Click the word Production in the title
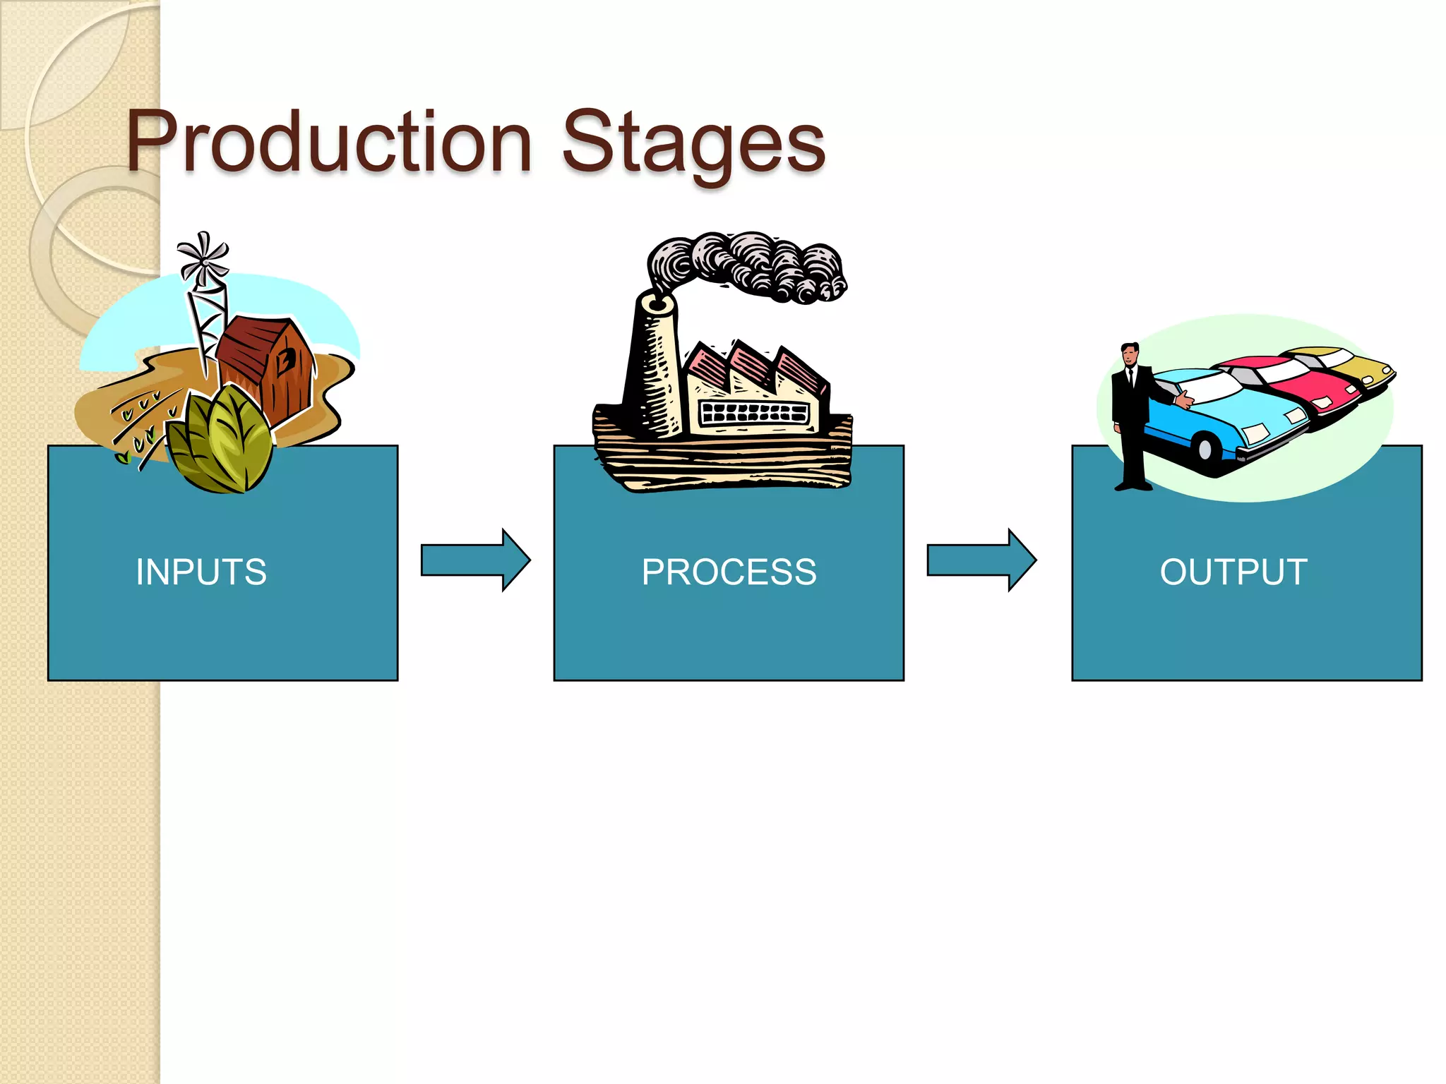[328, 143]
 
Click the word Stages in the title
[693, 143]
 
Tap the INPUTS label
[201, 572]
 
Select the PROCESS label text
[729, 572]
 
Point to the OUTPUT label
[1233, 572]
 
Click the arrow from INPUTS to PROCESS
[474, 560]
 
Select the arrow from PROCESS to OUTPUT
[981, 560]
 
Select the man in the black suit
[1131, 416]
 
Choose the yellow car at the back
[1363, 367]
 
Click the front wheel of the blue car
[1205, 447]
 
